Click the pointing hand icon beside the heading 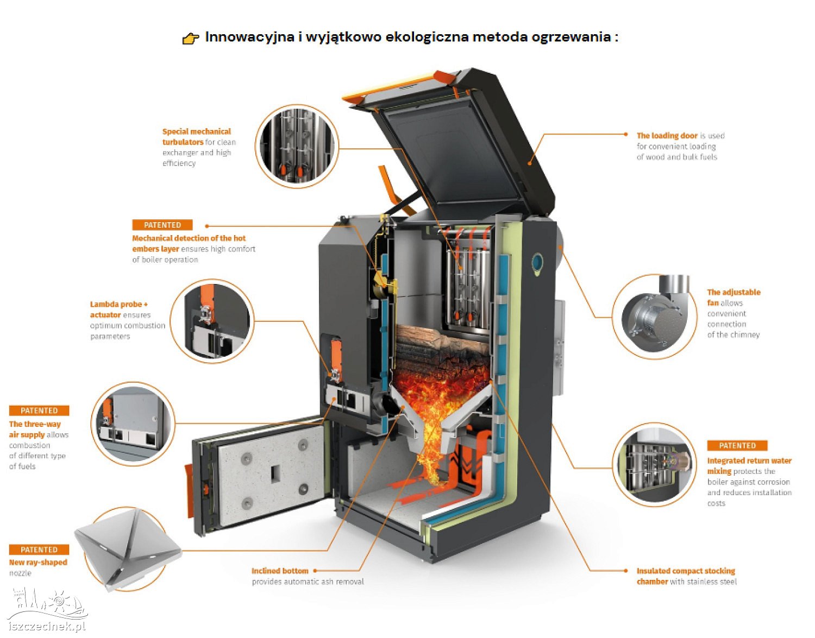click(x=190, y=38)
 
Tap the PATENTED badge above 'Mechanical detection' click(x=162, y=225)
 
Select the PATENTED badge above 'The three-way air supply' click(x=39, y=410)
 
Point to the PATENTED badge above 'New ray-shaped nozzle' click(x=39, y=549)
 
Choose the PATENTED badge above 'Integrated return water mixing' click(x=737, y=445)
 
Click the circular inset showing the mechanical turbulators click(x=297, y=146)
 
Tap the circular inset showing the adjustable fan click(x=654, y=316)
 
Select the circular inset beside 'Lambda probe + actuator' click(x=212, y=321)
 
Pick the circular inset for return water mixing click(x=654, y=464)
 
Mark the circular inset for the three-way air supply click(x=132, y=423)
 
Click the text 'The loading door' click(x=667, y=136)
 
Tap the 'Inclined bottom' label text click(x=280, y=571)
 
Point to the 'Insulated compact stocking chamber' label click(x=685, y=576)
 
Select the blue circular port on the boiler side click(x=537, y=262)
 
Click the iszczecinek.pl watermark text click(x=47, y=626)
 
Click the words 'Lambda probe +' click(x=118, y=305)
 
